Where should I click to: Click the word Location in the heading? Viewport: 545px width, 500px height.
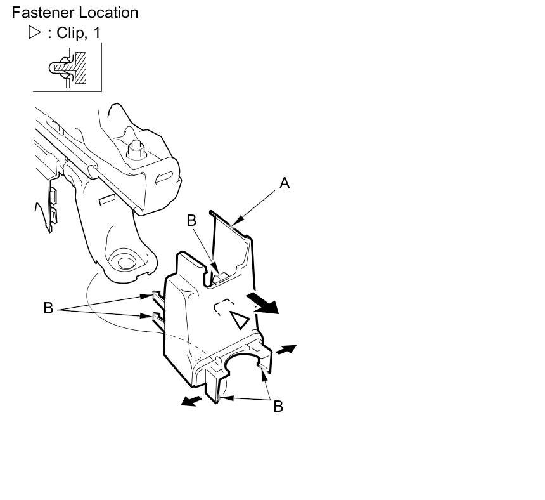(x=107, y=12)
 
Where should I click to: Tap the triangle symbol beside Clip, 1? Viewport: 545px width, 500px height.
(x=34, y=33)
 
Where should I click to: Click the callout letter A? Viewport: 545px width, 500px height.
(x=285, y=183)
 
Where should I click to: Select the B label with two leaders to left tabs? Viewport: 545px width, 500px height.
(x=48, y=308)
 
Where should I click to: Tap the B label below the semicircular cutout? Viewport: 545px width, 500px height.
(x=278, y=406)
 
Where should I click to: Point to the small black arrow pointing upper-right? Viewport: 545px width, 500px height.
(x=285, y=349)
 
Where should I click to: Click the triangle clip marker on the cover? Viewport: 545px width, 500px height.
(x=240, y=320)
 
